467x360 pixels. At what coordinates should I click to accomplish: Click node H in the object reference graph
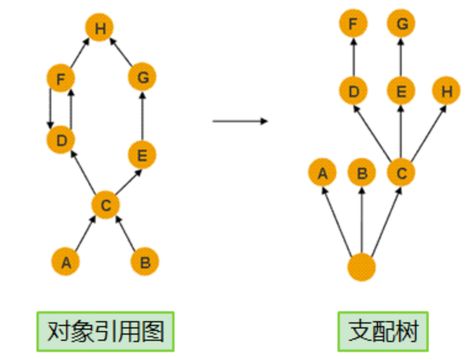pos(101,28)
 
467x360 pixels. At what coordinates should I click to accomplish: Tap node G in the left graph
pos(143,78)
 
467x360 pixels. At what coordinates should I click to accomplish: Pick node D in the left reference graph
pos(60,140)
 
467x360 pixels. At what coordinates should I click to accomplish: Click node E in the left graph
pos(143,155)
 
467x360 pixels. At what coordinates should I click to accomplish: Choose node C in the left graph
pos(105,205)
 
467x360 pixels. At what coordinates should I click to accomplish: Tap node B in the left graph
pos(145,262)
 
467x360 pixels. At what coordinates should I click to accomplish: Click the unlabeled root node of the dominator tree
pos(362,267)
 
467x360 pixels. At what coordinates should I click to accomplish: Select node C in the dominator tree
pos(402,173)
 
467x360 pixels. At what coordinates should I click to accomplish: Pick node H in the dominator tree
pos(447,91)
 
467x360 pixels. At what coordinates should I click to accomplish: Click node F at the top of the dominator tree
pos(353,25)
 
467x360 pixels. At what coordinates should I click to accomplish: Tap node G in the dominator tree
pos(402,25)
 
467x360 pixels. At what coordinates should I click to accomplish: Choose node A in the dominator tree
pos(322,173)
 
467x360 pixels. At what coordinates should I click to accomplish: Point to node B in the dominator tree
pos(362,173)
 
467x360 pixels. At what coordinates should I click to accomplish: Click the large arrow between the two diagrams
pos(240,121)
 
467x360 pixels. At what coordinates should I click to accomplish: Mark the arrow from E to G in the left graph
pos(143,117)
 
